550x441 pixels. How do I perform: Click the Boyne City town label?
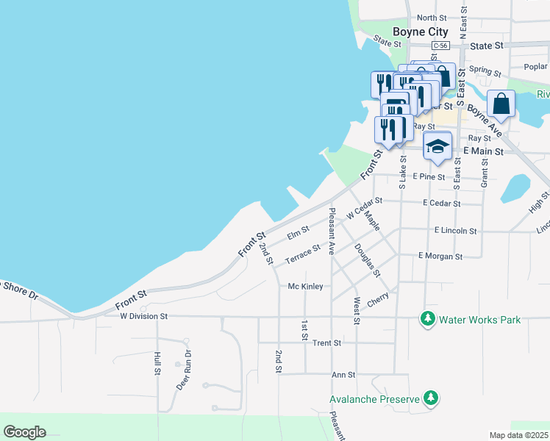coord(420,32)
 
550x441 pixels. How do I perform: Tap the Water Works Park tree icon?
coord(427,319)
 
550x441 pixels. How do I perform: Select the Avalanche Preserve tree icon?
coord(431,399)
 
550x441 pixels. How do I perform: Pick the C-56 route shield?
coord(440,46)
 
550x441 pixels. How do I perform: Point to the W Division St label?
coord(144,316)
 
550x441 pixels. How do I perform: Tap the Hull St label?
coord(157,363)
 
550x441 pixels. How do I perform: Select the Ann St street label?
coord(343,374)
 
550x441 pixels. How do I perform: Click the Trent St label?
coord(326,343)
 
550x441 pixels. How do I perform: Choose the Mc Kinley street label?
coord(305,286)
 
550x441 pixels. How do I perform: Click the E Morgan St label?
coord(440,257)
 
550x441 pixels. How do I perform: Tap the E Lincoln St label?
coord(455,231)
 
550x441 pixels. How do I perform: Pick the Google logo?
coord(24,432)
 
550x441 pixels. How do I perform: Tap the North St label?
coord(432,18)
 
